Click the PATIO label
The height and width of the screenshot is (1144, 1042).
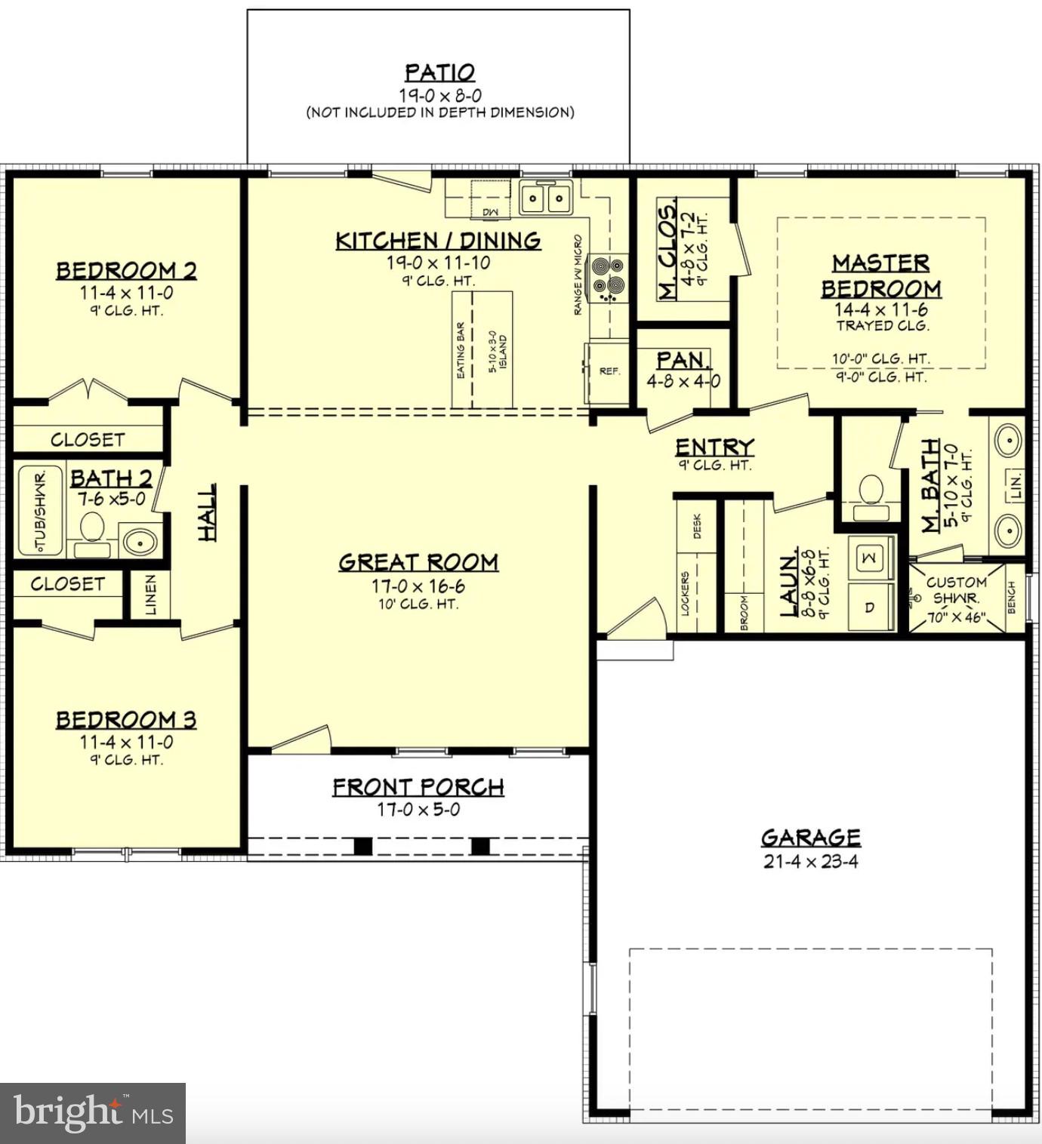[x=439, y=72]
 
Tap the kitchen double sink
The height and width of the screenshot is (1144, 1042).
[x=545, y=199]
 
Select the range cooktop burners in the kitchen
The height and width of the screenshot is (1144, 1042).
[x=608, y=276]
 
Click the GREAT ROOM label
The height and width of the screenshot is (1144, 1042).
[x=418, y=562]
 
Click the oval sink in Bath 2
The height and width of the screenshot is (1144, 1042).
[x=139, y=541]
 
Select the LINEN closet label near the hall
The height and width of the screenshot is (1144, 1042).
[x=150, y=595]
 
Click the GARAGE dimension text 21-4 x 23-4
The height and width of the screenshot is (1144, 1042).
[x=810, y=862]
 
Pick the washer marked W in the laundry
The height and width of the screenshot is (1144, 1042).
[x=869, y=558]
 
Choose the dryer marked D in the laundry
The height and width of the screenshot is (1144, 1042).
[x=869, y=607]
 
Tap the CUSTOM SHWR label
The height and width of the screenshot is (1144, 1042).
[x=956, y=590]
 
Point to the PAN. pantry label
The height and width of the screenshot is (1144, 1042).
[x=682, y=360]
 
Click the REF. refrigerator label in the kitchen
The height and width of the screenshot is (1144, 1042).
[x=609, y=371]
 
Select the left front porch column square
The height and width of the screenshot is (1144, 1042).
[x=363, y=846]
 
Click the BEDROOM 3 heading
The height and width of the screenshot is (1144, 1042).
[x=126, y=720]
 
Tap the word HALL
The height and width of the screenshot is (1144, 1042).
[x=206, y=512]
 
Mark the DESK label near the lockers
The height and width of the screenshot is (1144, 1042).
[x=697, y=526]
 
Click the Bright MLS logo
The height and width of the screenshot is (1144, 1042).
[x=92, y=1113]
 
